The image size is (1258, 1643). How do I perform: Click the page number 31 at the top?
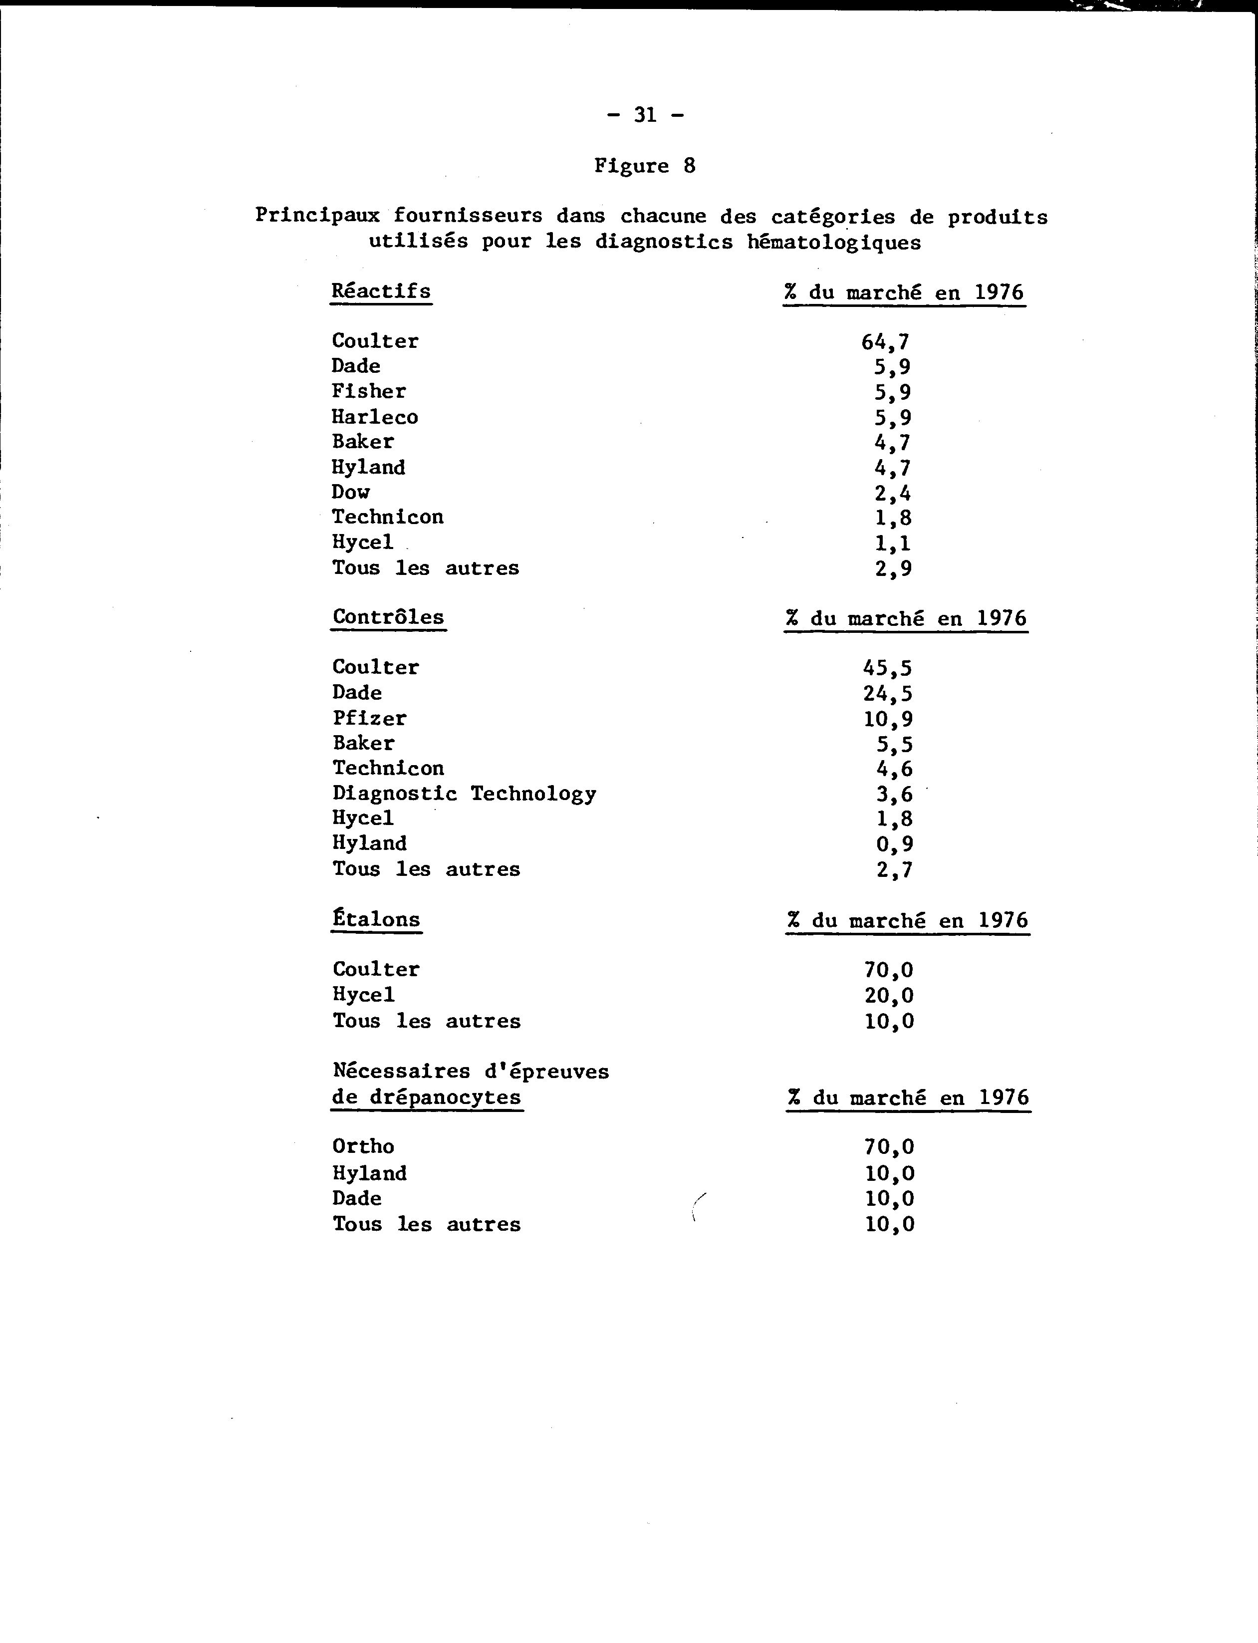pos(645,115)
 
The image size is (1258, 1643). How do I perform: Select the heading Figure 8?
pos(645,166)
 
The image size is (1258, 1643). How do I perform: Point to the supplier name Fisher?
pos(369,391)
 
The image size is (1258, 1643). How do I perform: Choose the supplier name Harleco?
pos(375,416)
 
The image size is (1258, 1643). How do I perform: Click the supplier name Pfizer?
pos(370,718)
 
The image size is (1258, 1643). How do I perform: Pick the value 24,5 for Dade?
pos(887,693)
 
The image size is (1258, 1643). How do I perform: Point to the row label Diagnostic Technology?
pos(464,793)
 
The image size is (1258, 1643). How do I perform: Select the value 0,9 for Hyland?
pos(894,844)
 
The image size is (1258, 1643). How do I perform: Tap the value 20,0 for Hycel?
pos(889,995)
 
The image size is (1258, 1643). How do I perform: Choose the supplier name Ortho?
pos(363,1146)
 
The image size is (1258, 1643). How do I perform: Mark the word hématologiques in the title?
pos(834,242)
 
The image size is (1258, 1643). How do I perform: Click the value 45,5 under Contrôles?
pos(887,668)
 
